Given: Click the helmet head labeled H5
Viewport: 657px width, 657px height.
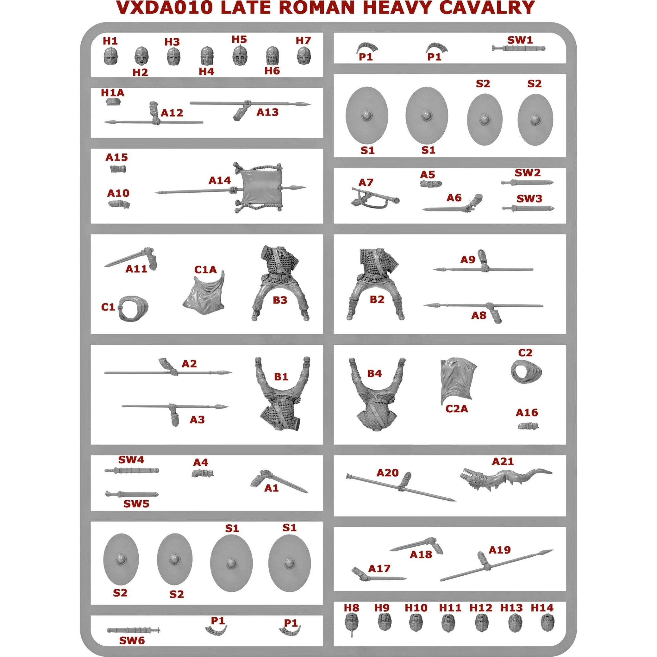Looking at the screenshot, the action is tap(240, 55).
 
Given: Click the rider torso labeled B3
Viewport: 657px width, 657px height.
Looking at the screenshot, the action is tap(279, 282).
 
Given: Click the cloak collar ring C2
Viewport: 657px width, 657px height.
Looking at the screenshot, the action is tap(526, 372).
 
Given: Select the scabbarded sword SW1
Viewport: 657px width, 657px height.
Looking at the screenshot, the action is tap(518, 48).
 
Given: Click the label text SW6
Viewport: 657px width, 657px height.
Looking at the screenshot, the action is tap(132, 640).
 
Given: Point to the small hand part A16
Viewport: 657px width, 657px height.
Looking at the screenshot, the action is tap(528, 426).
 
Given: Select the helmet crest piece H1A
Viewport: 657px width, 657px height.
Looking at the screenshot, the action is tap(113, 102).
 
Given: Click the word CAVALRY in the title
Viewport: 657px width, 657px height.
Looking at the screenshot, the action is tap(487, 8).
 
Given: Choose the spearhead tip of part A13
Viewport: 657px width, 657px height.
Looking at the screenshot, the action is tap(310, 104).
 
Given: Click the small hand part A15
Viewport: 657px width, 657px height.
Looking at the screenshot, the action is tap(118, 169).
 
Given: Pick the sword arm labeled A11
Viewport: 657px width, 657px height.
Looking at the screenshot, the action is tap(131, 260).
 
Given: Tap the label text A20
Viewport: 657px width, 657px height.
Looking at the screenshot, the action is tap(387, 473).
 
